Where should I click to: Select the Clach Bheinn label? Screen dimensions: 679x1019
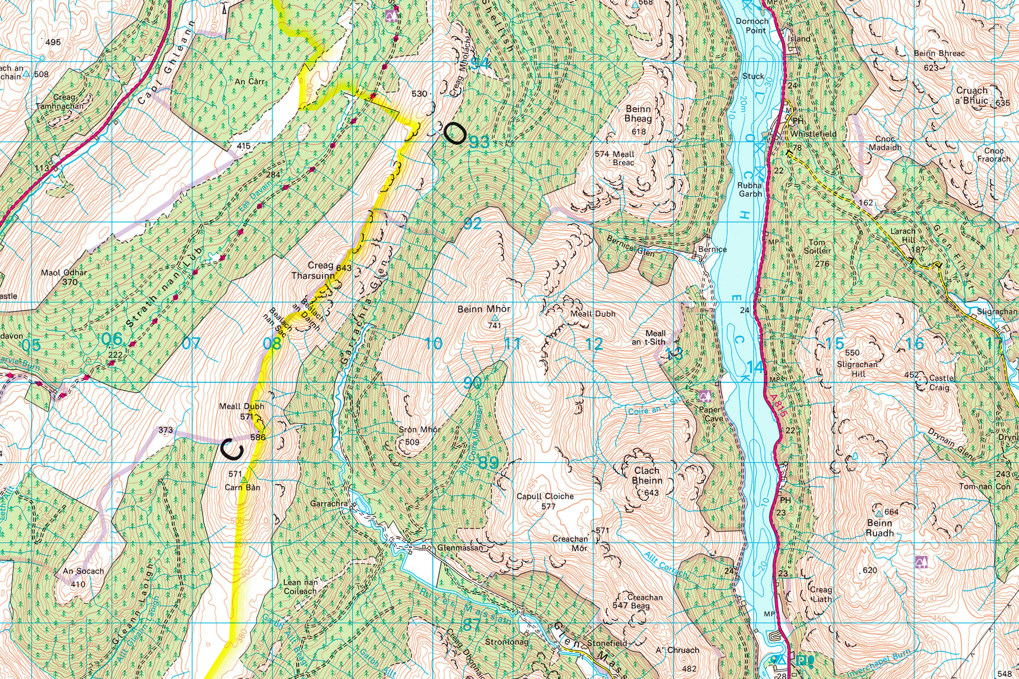pyautogui.click(x=647, y=476)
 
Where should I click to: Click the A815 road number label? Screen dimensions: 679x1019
pyautogui.click(x=778, y=406)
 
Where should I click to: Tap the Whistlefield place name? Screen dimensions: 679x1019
pyautogui.click(x=813, y=134)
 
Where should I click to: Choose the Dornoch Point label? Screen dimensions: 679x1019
pyautogui.click(x=752, y=25)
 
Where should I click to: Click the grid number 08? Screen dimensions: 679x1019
pyautogui.click(x=272, y=344)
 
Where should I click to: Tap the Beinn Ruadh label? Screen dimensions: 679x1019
pyautogui.click(x=879, y=528)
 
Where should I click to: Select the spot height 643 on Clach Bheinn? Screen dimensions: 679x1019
pyautogui.click(x=651, y=493)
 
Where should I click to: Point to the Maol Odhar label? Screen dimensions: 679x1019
pyautogui.click(x=64, y=273)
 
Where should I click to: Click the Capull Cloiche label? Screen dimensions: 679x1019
pyautogui.click(x=545, y=496)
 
